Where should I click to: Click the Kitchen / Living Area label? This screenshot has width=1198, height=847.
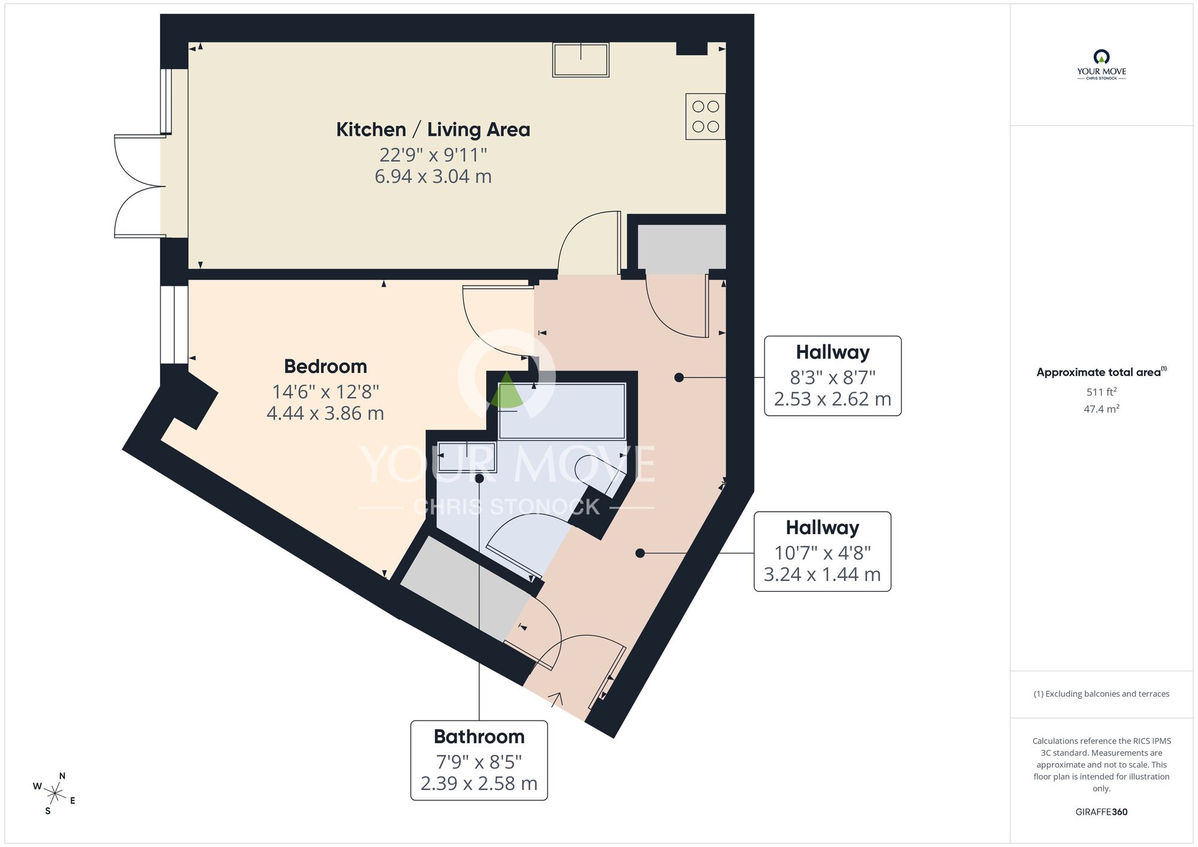432,129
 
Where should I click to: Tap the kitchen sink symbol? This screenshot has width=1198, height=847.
580,60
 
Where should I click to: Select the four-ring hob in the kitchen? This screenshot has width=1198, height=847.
705,116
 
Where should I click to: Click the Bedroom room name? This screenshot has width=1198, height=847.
325,366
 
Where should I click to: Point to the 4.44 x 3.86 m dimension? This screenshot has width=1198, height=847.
325,413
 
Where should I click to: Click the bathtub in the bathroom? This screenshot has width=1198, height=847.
562,411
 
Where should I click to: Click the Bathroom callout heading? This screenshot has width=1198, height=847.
479,736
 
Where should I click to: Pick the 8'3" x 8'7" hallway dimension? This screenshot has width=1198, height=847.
832,377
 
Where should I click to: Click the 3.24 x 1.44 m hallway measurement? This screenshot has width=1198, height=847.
822,574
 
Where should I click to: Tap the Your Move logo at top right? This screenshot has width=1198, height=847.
1101,65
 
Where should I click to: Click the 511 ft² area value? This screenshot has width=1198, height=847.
1101,392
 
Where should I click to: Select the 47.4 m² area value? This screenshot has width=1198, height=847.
1101,409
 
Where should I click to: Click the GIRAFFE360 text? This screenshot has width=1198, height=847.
1101,812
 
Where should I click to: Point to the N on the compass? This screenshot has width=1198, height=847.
62,776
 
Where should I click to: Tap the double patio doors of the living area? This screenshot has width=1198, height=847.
139,186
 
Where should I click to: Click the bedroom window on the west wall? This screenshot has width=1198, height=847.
174,324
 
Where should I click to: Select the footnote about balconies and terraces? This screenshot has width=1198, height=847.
1101,694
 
